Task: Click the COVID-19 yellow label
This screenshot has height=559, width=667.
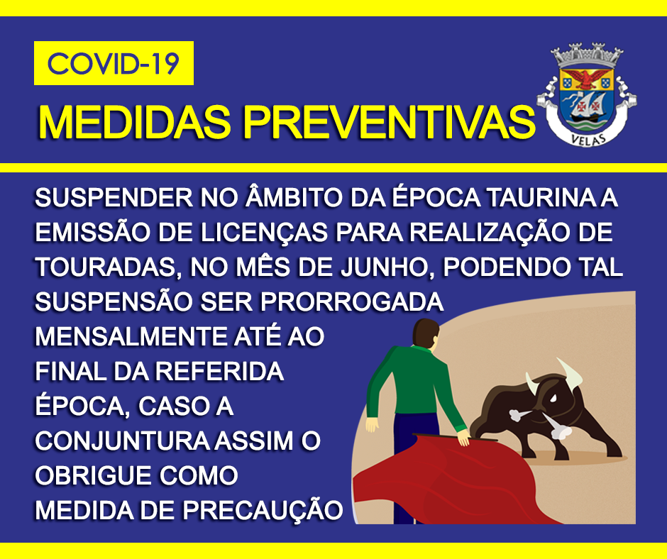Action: click(x=114, y=63)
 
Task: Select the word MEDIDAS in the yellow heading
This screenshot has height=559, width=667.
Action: click(x=134, y=122)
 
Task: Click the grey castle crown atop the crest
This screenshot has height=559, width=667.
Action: click(x=587, y=55)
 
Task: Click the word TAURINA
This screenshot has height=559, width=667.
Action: click(x=539, y=198)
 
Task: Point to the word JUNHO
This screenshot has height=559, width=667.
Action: click(x=388, y=267)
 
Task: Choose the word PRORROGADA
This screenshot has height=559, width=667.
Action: click(x=352, y=301)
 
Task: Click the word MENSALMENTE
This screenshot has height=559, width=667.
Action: click(x=131, y=336)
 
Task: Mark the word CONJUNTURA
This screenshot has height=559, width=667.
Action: click(x=121, y=441)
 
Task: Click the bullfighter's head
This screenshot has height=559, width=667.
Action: click(x=426, y=333)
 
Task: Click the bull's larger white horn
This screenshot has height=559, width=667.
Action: click(x=570, y=372)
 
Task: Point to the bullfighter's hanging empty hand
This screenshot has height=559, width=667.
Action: click(x=372, y=424)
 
